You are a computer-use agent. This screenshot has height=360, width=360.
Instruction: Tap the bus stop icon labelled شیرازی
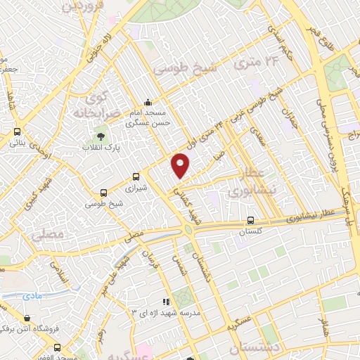pos(136,177)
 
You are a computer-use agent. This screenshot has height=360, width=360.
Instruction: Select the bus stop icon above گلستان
pos(250,220)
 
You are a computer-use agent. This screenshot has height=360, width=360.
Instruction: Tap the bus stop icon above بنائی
pos(17,131)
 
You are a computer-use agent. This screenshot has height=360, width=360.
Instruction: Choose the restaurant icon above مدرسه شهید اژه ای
pos(167,301)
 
